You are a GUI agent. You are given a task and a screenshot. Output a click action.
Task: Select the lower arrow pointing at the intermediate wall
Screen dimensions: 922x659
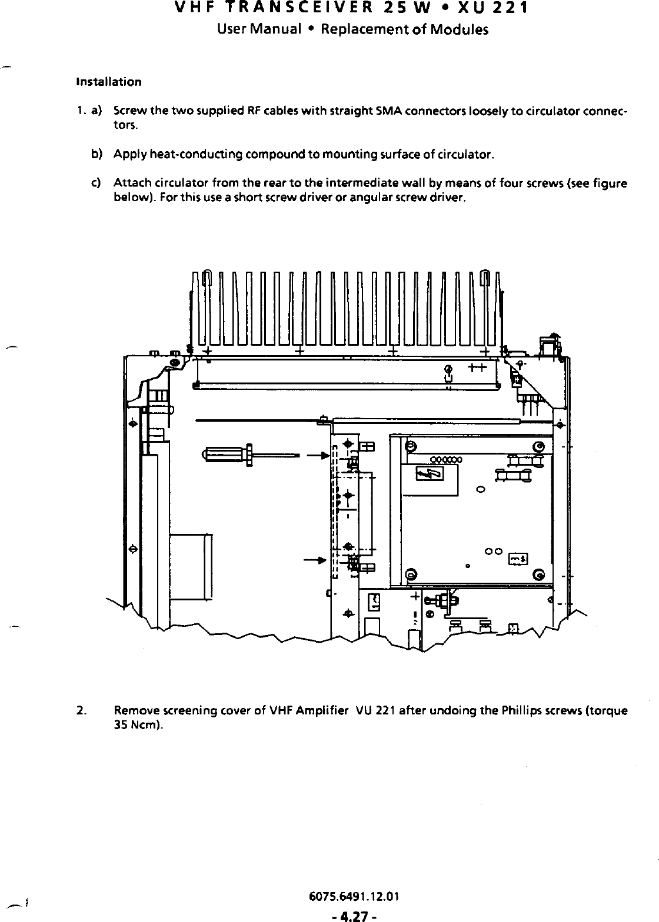(x=315, y=560)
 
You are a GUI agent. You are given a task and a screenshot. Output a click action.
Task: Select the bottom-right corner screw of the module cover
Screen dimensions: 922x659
(x=539, y=574)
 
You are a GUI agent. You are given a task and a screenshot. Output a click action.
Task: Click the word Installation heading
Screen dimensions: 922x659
(x=109, y=82)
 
